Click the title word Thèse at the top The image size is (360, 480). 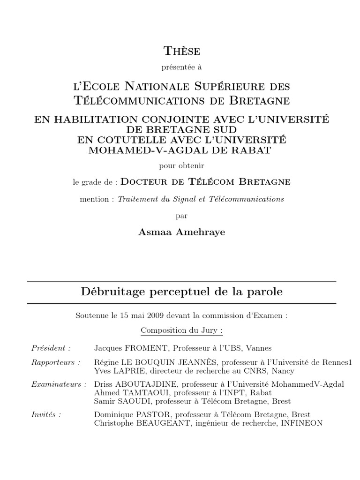[x=181, y=51]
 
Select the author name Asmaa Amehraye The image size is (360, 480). [x=181, y=232]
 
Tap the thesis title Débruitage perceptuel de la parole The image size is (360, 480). [x=181, y=292]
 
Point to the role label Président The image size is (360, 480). [x=51, y=348]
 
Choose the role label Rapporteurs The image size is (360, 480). [x=55, y=362]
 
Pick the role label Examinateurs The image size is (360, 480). [x=59, y=384]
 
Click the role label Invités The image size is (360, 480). [x=46, y=414]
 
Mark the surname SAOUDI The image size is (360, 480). [x=133, y=401]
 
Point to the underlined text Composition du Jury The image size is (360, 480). [x=181, y=330]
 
